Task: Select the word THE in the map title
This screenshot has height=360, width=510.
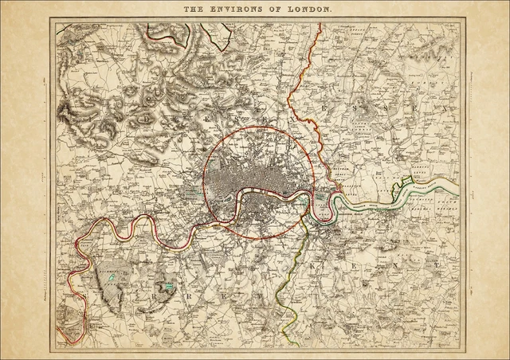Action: pos(195,11)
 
